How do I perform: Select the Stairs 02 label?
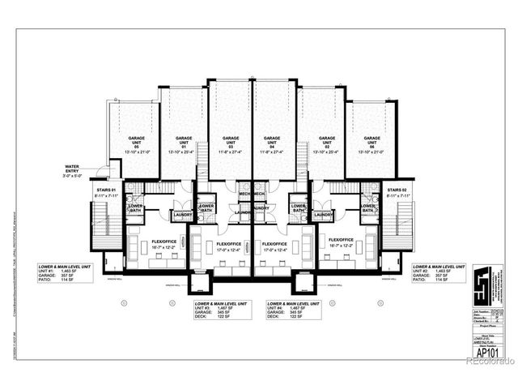pos(397,191)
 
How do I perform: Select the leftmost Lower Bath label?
pos(134,208)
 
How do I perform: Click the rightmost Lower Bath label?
pos(369,208)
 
